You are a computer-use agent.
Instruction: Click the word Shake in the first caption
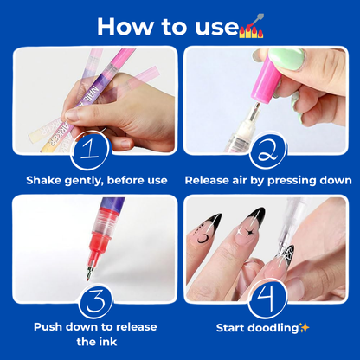44,181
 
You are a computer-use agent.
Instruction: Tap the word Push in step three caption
49,327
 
